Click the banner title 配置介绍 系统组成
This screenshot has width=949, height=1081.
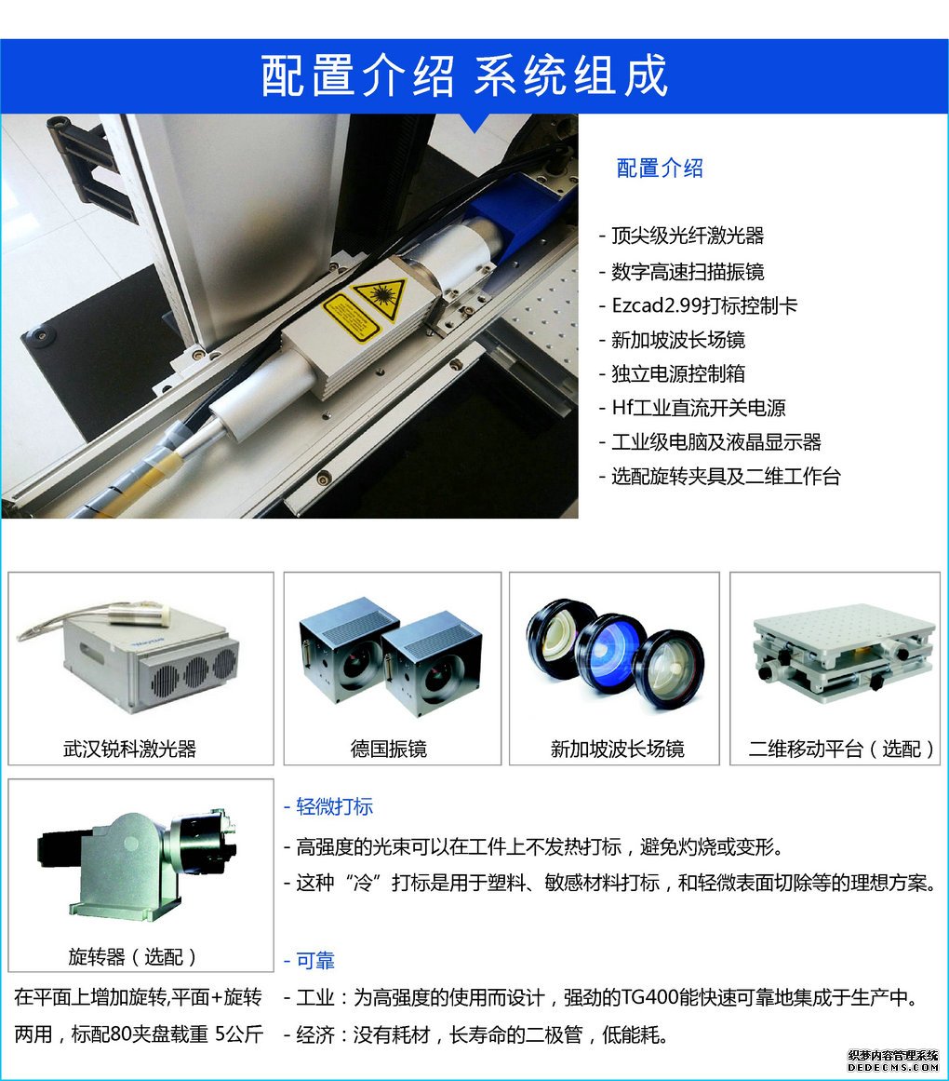coord(464,75)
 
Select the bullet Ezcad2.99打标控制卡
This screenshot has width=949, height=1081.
coord(704,305)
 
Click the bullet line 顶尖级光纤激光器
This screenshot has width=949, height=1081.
coord(688,236)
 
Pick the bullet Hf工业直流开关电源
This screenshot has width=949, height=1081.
coord(699,408)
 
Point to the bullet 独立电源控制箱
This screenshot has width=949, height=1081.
coord(677,373)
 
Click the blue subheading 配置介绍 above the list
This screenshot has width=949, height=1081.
coord(660,169)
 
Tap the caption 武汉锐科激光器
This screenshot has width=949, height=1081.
coord(129,749)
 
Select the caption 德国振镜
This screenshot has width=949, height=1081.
coord(388,749)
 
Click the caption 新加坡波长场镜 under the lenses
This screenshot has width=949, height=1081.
coord(617,749)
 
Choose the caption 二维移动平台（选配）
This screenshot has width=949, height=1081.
coord(841,749)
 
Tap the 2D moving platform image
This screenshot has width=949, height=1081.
coord(844,652)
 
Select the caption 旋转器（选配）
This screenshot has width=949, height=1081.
coord(132,957)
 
